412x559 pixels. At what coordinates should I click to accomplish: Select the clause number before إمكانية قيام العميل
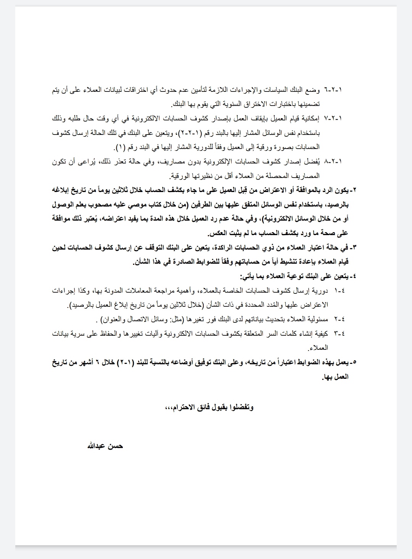(x=333, y=119)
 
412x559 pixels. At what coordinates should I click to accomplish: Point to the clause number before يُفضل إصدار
(x=333, y=161)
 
